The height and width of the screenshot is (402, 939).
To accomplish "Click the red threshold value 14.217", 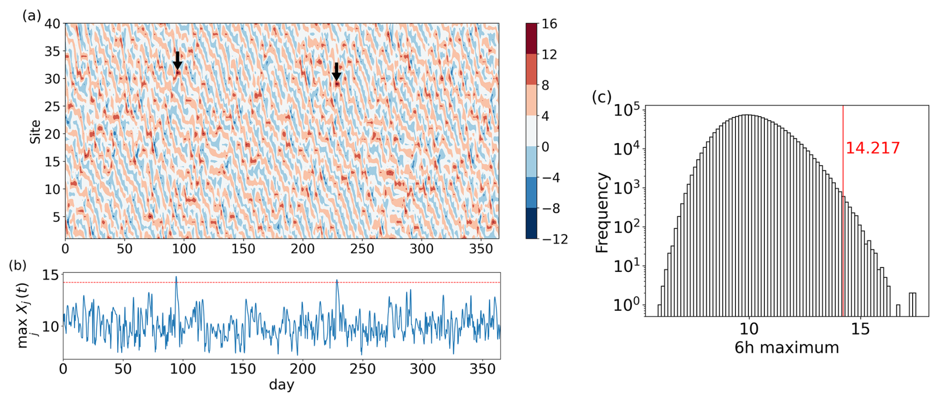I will [872, 148].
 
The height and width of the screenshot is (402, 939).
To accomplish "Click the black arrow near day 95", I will [177, 61].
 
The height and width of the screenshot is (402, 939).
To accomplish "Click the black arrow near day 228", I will [336, 72].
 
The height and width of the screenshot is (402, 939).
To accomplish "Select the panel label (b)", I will [18, 265].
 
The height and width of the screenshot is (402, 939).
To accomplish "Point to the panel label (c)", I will [602, 97].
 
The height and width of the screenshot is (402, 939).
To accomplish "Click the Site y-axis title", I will [35, 131].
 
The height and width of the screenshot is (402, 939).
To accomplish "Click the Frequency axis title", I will [602, 212].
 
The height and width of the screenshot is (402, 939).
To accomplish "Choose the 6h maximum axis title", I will [787, 347].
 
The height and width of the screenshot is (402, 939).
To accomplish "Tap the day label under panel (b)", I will [281, 385].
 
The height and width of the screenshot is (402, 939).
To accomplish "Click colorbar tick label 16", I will [549, 24].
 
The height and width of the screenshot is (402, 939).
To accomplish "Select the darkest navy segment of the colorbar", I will [531, 223].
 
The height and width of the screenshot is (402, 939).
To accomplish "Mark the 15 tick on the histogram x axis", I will [861, 329].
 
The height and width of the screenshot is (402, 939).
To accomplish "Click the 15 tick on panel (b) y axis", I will [50, 274].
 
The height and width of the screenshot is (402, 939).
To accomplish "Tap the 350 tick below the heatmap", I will [481, 249].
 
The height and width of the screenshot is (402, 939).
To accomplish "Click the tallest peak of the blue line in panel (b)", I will [176, 277].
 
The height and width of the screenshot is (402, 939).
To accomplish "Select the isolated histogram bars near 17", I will [912, 304].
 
